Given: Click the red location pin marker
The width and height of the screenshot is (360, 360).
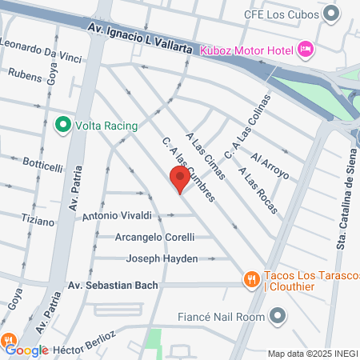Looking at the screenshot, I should pyautogui.click(x=179, y=180).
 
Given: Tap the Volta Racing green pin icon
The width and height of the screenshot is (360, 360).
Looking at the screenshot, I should pyautogui.click(x=62, y=126).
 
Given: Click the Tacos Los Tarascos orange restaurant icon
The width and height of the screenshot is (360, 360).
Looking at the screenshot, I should pyautogui.click(x=250, y=279).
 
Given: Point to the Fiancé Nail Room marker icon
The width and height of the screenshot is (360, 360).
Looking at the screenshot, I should pyautogui.click(x=278, y=317).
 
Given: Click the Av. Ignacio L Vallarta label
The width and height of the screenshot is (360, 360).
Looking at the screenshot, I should pyautogui.click(x=141, y=37).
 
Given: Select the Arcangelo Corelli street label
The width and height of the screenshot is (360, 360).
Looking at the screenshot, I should pyautogui.click(x=138, y=237).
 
